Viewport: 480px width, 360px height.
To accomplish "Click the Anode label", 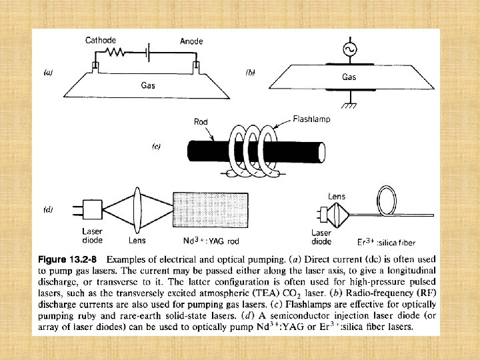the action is [191, 41].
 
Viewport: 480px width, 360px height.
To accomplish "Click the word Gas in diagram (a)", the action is [149, 85].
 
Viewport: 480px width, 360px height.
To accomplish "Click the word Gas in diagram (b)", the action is [349, 77].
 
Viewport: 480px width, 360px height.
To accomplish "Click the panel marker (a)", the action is [49, 73].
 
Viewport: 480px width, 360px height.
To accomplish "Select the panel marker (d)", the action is [49, 209].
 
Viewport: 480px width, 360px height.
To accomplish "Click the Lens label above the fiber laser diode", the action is [337, 196].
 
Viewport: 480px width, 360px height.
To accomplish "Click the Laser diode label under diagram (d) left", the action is [91, 236].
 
